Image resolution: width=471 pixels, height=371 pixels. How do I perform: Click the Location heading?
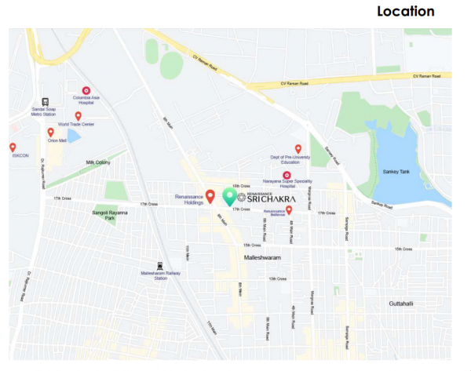click(x=405, y=12)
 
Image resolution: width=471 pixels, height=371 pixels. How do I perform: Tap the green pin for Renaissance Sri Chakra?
click(x=229, y=196)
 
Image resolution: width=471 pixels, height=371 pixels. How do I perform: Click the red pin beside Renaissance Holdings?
click(x=210, y=195)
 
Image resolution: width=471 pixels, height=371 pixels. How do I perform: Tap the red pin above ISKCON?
click(x=13, y=147)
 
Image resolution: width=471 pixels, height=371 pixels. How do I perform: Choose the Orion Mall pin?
click(x=51, y=133)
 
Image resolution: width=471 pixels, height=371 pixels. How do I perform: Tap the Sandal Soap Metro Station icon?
click(x=45, y=101)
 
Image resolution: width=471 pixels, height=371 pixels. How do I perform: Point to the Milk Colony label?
click(x=100, y=162)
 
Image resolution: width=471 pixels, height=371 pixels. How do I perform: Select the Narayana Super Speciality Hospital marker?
click(x=287, y=175)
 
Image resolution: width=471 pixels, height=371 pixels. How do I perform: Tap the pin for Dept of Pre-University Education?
click(x=298, y=148)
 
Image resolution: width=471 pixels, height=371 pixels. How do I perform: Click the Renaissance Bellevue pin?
click(x=290, y=209)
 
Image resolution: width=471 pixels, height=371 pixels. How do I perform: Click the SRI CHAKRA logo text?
click(x=270, y=200)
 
